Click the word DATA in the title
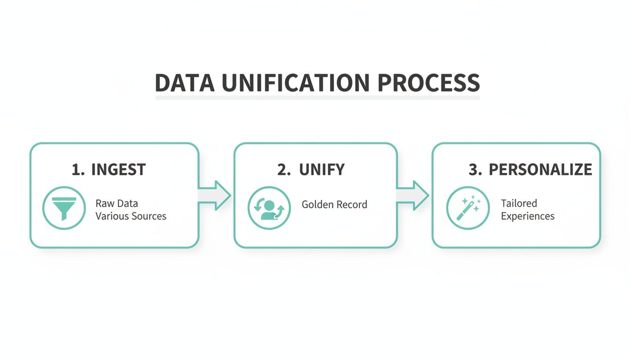[x=184, y=83]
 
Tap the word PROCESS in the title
[x=428, y=83]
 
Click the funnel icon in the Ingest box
[x=64, y=208]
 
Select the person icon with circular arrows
[x=269, y=208]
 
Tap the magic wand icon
[x=468, y=208]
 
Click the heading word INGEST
[x=118, y=170]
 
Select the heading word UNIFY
[x=322, y=170]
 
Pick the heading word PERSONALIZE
[x=540, y=170]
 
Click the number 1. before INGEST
[x=78, y=170]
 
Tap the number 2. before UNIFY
[x=284, y=170]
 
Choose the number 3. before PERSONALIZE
[x=475, y=170]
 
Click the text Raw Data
[x=116, y=204]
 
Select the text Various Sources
[x=131, y=217]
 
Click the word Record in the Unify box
[x=352, y=204]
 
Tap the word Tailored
[x=519, y=203]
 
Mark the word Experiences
[x=527, y=217]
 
